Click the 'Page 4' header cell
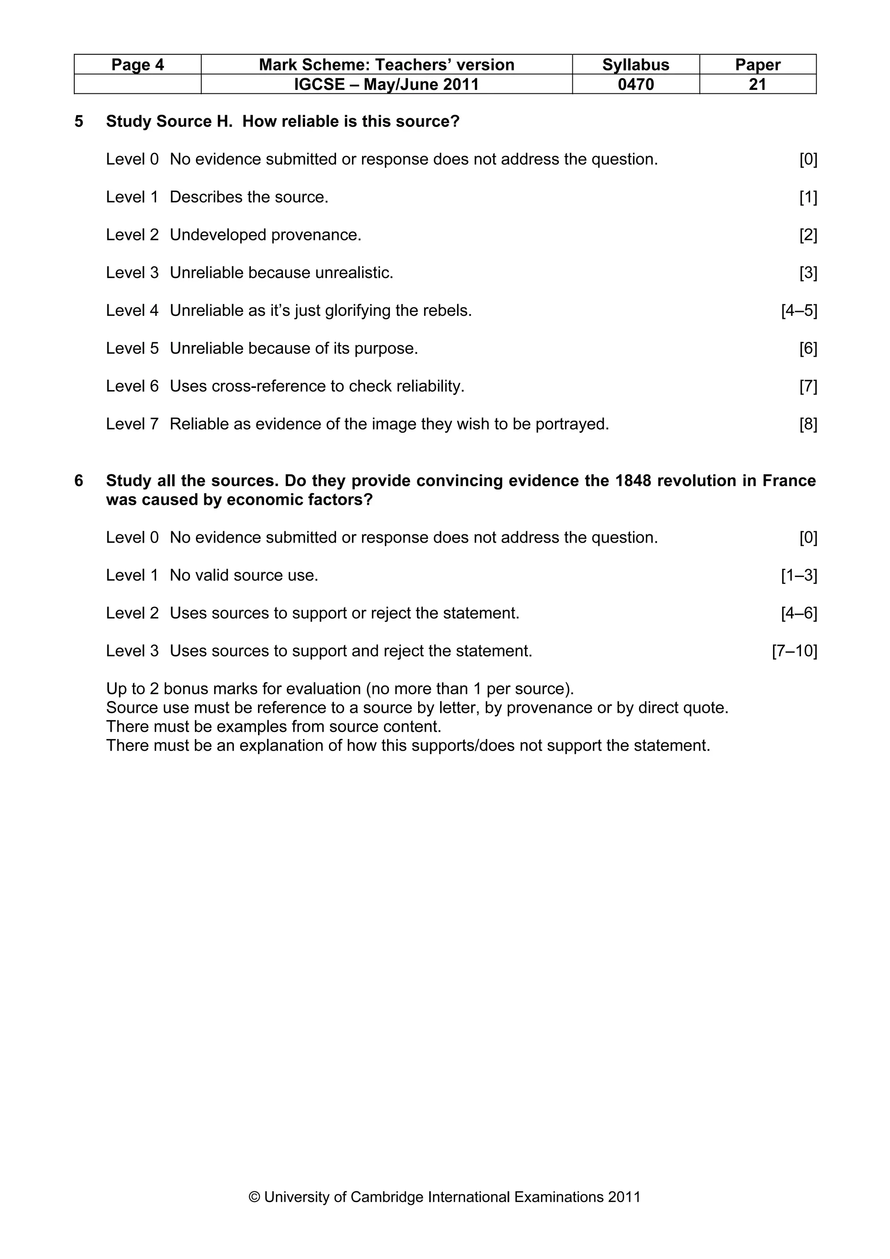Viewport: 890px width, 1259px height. (x=138, y=65)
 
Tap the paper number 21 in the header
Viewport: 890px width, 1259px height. (x=757, y=84)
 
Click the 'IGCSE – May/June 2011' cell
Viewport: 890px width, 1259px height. (x=387, y=84)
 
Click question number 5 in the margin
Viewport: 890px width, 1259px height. (x=79, y=121)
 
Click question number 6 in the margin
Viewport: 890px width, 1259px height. (x=79, y=480)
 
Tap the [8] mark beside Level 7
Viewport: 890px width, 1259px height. (x=808, y=424)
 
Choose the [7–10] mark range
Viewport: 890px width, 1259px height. (x=794, y=651)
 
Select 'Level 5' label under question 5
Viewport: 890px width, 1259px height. (x=132, y=349)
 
